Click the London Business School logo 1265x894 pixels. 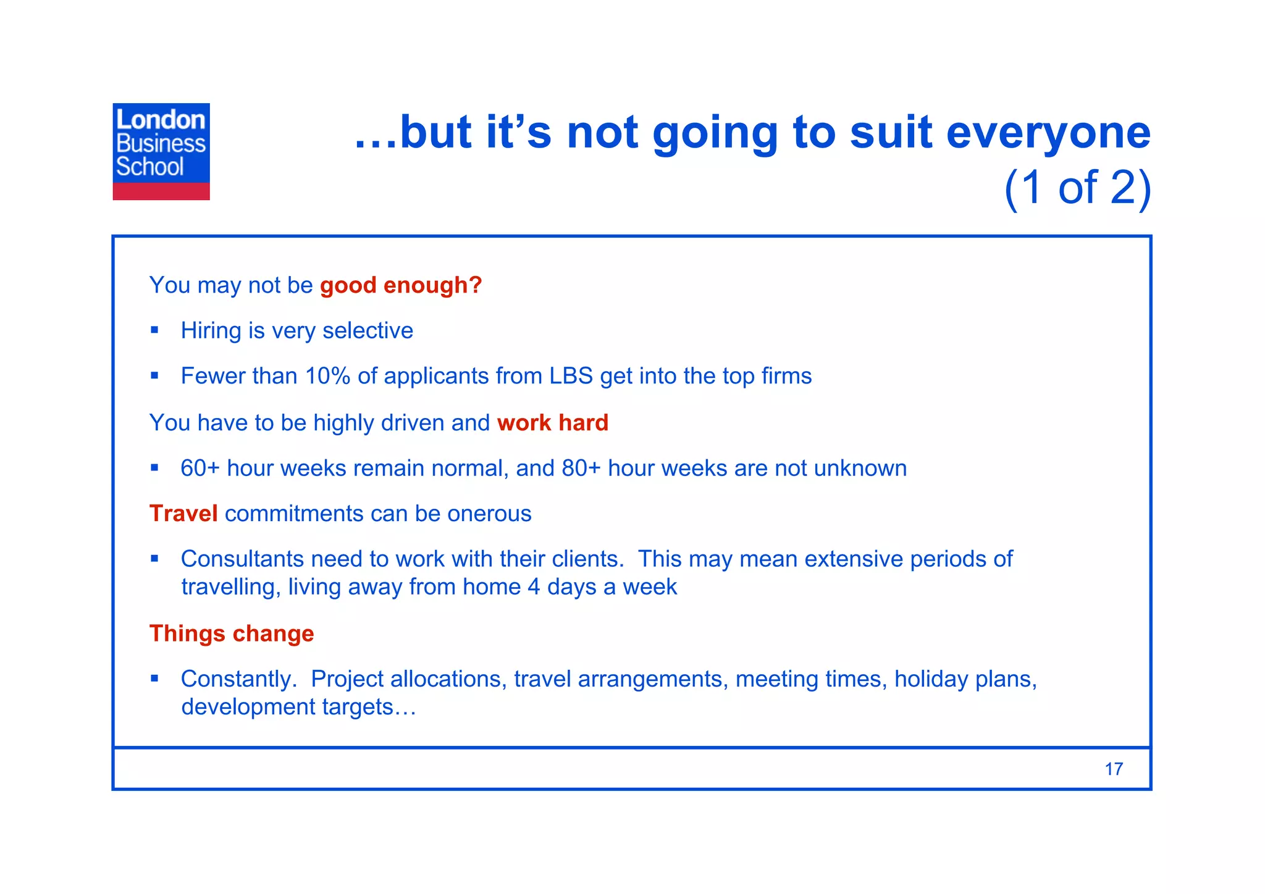161,151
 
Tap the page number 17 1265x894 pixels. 1114,769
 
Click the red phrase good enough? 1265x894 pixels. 400,285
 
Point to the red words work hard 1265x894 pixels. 552,423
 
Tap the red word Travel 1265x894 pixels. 183,514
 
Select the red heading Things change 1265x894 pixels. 232,633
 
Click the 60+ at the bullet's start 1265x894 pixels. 200,469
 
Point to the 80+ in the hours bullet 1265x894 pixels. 581,469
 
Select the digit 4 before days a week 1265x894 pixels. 534,587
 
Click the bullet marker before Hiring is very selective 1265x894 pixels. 154,330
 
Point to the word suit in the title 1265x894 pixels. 890,133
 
